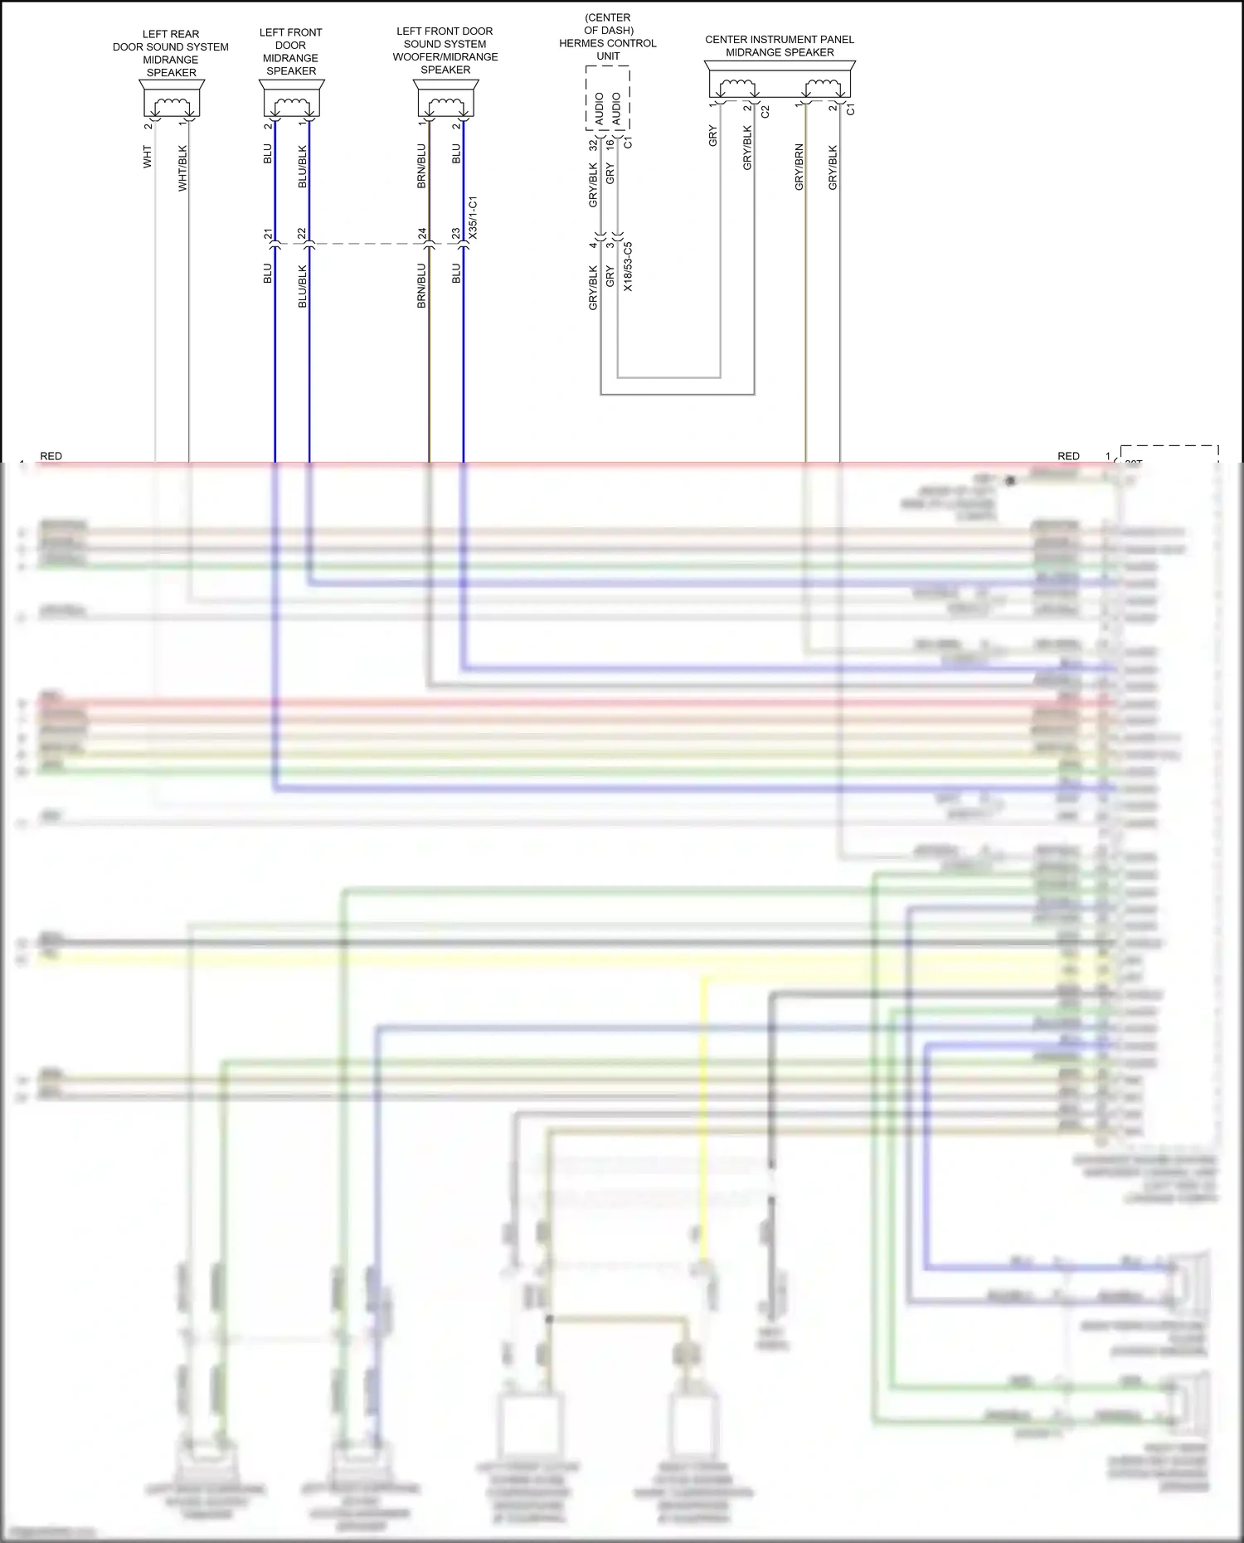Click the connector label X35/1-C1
[x=473, y=218]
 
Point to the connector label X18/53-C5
[x=628, y=266]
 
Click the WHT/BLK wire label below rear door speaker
[x=183, y=168]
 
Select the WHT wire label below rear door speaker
[x=148, y=157]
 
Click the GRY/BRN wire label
[x=799, y=167]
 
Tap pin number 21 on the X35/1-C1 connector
[x=268, y=234]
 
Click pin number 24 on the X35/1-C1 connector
[x=422, y=234]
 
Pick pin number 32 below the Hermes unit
[x=592, y=144]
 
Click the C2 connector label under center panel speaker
[x=765, y=111]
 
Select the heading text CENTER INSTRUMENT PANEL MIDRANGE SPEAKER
[x=780, y=46]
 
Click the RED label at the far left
[x=51, y=456]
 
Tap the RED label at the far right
[x=1068, y=456]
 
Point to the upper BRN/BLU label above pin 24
[x=422, y=167]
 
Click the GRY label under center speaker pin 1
[x=712, y=137]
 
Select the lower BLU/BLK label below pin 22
[x=303, y=287]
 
